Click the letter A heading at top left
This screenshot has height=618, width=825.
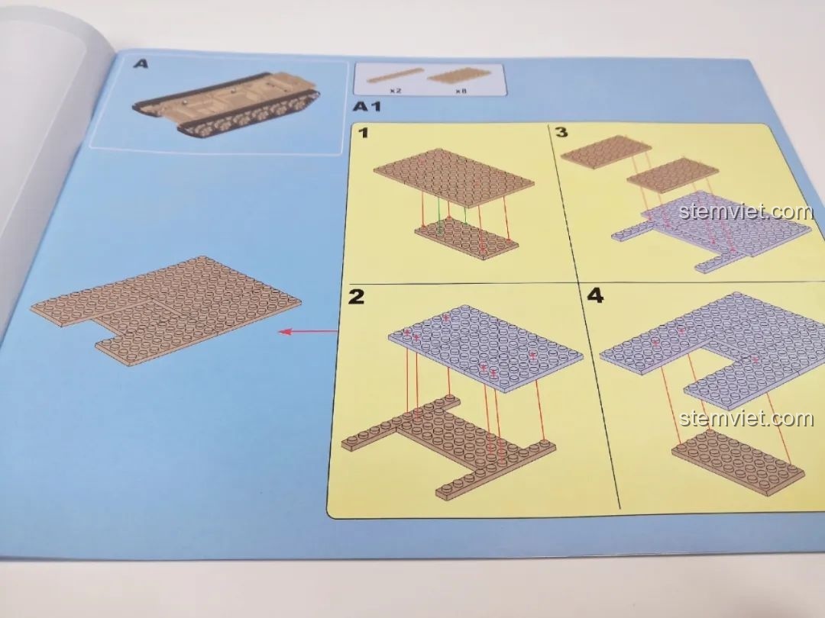(141, 64)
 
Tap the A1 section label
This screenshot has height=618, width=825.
(366, 107)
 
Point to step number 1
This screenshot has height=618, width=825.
(364, 133)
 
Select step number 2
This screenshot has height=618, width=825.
(356, 296)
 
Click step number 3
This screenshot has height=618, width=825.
(561, 131)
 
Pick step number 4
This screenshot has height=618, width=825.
(594, 295)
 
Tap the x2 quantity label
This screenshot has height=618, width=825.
(396, 91)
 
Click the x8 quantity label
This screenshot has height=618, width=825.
(461, 91)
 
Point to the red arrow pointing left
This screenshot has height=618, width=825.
(308, 332)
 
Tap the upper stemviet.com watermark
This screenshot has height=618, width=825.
(746, 211)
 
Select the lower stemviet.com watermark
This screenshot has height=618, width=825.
(746, 418)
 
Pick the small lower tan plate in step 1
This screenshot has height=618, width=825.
(466, 238)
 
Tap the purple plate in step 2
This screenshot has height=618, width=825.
(486, 347)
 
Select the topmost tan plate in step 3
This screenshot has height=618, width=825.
(607, 152)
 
